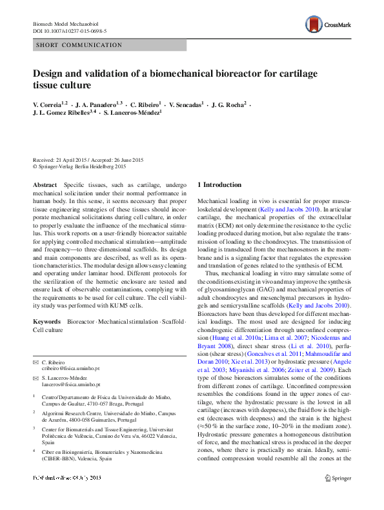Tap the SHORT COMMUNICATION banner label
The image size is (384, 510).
(79, 44)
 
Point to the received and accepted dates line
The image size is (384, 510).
(88, 159)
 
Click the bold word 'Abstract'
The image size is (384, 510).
(45, 184)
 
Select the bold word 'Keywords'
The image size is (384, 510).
(47, 320)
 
